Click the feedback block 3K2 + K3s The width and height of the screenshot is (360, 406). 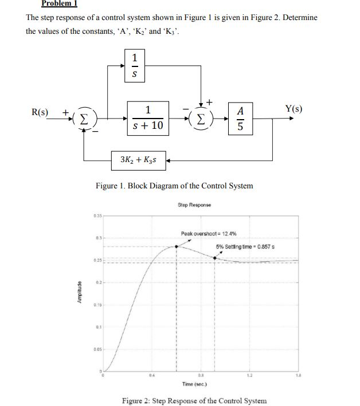coord(139,161)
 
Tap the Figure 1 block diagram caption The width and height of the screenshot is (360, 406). coord(174,186)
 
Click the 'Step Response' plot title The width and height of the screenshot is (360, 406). coord(195,204)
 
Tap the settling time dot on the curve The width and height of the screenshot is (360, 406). coord(215,258)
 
